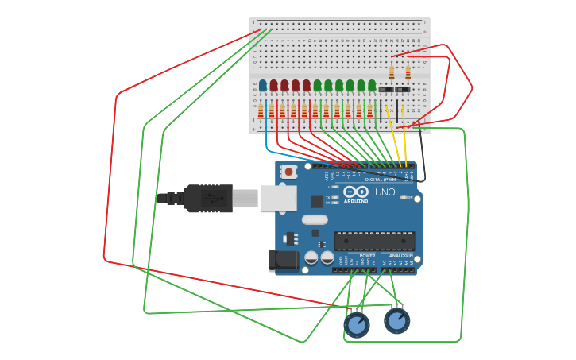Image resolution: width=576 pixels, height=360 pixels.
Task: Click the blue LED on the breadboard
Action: click(263, 84)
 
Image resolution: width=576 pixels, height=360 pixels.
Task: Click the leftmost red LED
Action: click(273, 84)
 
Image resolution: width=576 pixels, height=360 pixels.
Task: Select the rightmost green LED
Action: click(372, 84)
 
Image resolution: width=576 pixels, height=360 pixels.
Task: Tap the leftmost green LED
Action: click(317, 84)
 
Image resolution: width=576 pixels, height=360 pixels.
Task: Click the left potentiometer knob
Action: click(357, 324)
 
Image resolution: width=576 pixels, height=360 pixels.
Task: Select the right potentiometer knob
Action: click(396, 320)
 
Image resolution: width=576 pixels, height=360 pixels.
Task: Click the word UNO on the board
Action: click(385, 192)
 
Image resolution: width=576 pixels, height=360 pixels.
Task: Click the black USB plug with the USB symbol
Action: click(208, 198)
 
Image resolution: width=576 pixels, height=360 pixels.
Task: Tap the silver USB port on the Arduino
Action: click(277, 199)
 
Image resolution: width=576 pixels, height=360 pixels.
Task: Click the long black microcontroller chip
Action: click(374, 240)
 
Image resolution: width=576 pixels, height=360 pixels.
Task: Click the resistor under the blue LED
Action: click(261, 111)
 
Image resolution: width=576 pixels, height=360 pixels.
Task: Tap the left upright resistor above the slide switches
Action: click(392, 73)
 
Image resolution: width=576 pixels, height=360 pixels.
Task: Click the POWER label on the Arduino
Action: click(367, 256)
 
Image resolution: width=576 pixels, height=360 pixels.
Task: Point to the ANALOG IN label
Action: click(400, 256)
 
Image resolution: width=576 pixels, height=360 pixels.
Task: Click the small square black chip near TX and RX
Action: click(317, 202)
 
